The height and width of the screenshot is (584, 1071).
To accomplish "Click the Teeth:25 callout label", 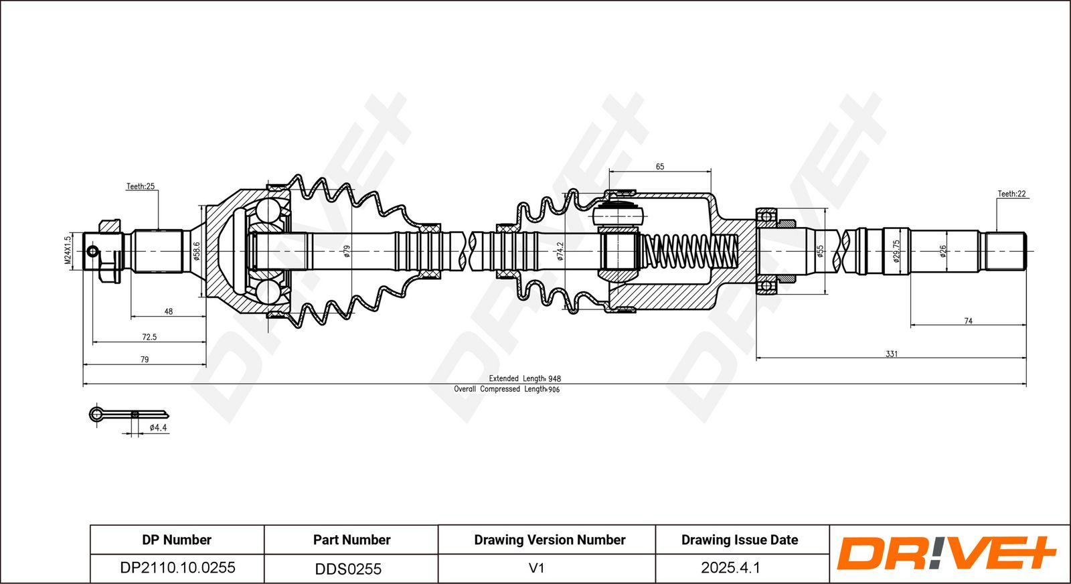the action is [x=141, y=186].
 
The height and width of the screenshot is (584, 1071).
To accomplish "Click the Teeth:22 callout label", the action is [x=1011, y=194].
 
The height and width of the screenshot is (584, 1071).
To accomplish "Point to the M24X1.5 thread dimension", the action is [x=68, y=250].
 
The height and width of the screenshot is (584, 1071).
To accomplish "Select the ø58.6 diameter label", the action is [x=196, y=251].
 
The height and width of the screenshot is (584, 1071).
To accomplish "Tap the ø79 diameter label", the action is [x=347, y=251].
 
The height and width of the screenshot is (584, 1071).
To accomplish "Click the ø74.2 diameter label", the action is [x=560, y=251].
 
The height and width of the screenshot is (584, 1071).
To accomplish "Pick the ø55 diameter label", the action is [x=820, y=251].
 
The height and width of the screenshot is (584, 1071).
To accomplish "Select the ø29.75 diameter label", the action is [x=896, y=251].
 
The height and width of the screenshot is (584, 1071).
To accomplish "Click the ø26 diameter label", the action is [x=943, y=251].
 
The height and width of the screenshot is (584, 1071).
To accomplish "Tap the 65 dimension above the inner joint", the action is [x=660, y=167].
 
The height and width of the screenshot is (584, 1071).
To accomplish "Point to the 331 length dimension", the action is [x=892, y=354].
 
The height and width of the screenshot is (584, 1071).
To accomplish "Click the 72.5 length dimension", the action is [x=149, y=337].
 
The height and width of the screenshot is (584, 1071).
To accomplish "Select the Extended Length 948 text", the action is [x=525, y=378].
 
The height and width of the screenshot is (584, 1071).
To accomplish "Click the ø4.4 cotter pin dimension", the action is [x=158, y=427].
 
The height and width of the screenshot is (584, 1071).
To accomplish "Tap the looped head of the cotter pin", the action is [x=96, y=414].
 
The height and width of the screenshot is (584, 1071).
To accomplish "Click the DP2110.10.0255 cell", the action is [x=177, y=568].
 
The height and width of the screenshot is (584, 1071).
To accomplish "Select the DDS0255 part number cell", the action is [x=348, y=569].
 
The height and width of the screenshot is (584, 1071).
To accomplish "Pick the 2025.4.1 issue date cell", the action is [x=730, y=568].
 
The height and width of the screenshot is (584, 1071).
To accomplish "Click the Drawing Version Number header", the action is [x=550, y=540].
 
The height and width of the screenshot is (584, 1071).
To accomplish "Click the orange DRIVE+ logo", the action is [x=946, y=553].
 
